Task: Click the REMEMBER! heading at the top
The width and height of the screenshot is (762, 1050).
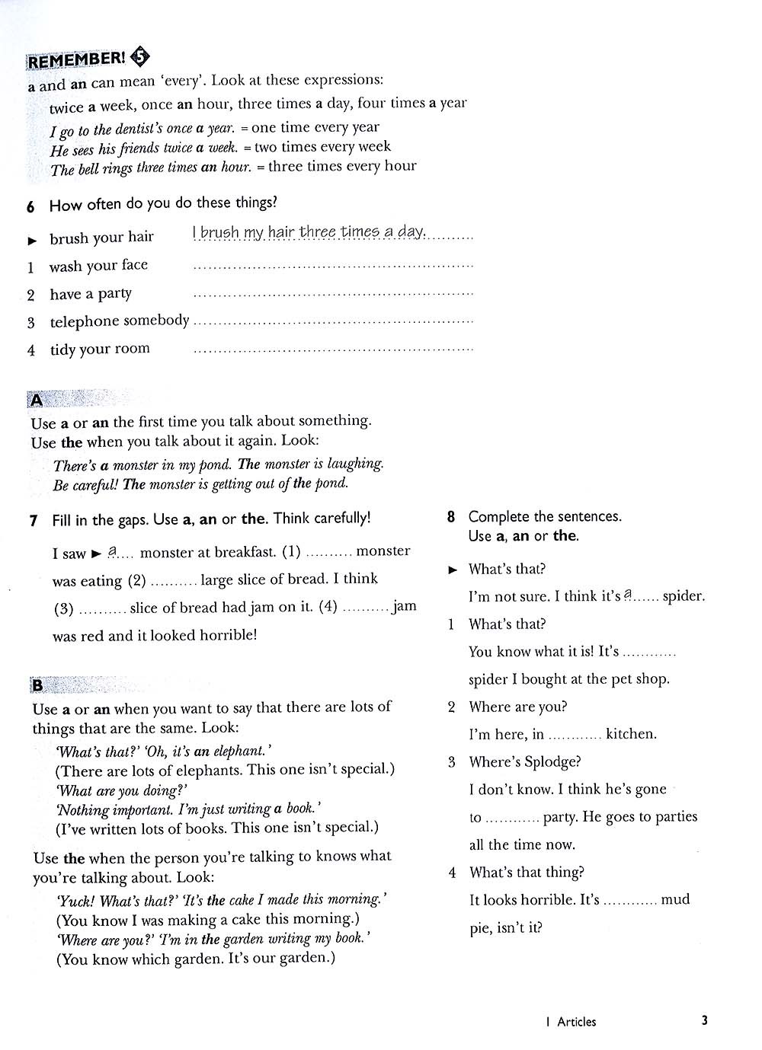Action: coord(76,59)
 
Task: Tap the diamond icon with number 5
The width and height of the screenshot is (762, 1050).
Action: coord(141,56)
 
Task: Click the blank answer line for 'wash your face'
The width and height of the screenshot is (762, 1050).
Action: coord(333,266)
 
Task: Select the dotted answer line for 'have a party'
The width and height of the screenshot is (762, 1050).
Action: coord(333,293)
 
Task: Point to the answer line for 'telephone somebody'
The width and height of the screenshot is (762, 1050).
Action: coord(333,321)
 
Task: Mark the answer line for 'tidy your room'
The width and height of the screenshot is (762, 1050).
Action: coord(333,349)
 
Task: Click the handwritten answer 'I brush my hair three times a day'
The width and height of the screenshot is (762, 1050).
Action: coord(309,232)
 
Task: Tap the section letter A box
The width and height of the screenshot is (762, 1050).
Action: coord(36,400)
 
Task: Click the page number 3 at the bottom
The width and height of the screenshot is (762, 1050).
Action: coord(704,1020)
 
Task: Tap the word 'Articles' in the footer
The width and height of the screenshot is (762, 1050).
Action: coord(576,1022)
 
